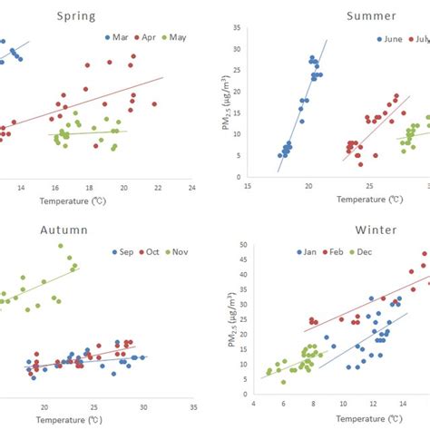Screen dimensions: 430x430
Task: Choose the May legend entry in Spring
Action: tap(180, 37)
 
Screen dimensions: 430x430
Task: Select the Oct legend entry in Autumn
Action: tap(154, 251)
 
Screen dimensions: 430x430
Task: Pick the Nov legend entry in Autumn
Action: tap(184, 251)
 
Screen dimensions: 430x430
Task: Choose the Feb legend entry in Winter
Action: tap(342, 251)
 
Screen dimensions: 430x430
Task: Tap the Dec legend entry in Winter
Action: tap(373, 251)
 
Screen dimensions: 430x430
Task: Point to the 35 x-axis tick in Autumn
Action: tap(193, 407)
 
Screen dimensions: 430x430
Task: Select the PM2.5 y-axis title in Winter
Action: tap(226, 306)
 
